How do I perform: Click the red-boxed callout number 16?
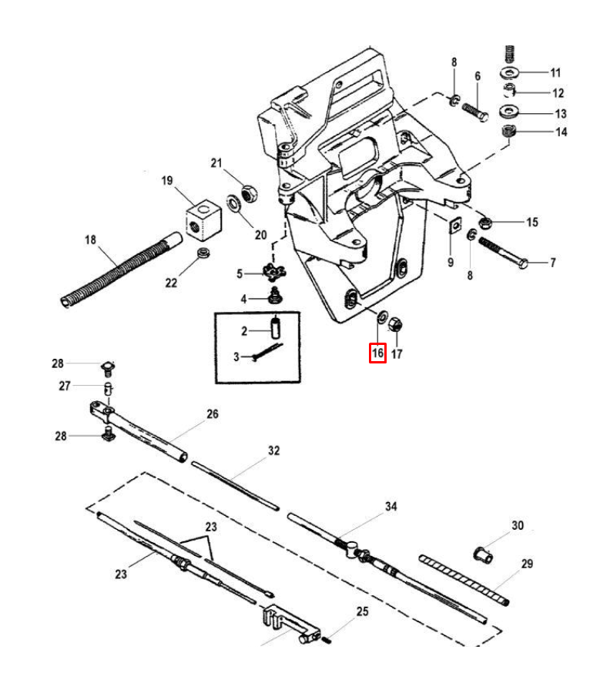click(377, 353)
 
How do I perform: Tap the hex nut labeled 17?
click(395, 325)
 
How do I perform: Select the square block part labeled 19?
click(203, 220)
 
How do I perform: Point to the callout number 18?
click(90, 239)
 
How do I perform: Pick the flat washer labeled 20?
click(233, 203)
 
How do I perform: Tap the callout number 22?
click(171, 283)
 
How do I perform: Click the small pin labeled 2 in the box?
click(276, 327)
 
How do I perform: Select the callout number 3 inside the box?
click(236, 357)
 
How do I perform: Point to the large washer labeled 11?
click(510, 72)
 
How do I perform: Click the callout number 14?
click(561, 132)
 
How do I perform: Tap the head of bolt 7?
click(523, 264)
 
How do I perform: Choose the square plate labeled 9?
click(455, 226)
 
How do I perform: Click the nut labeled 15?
click(485, 223)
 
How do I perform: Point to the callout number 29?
click(527, 564)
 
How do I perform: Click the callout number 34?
click(391, 507)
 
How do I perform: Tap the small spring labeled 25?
click(327, 640)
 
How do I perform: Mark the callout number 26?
click(213, 414)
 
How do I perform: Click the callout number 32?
click(274, 450)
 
